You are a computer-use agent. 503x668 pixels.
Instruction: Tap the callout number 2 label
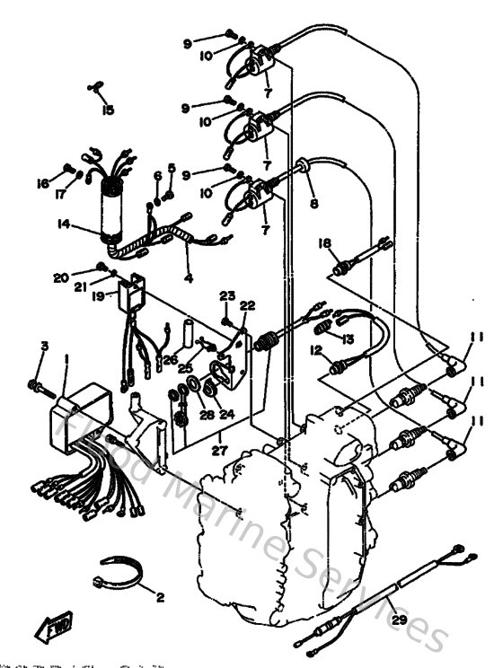click(x=162, y=597)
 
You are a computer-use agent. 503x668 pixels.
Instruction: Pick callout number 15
click(x=108, y=110)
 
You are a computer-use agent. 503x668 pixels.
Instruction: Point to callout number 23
click(x=226, y=295)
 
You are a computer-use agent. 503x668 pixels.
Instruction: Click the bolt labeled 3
click(x=39, y=386)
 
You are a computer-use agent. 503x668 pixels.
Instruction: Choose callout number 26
click(x=170, y=360)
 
